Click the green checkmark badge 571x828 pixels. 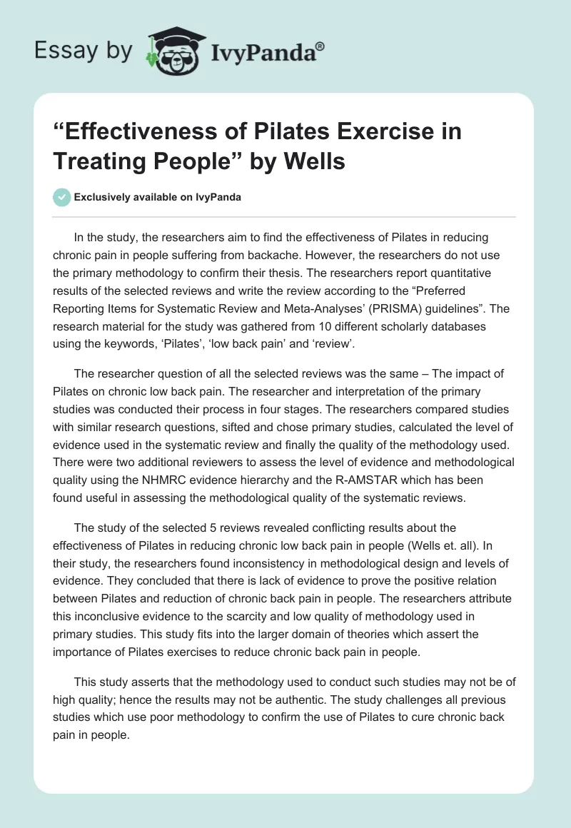(x=61, y=197)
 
